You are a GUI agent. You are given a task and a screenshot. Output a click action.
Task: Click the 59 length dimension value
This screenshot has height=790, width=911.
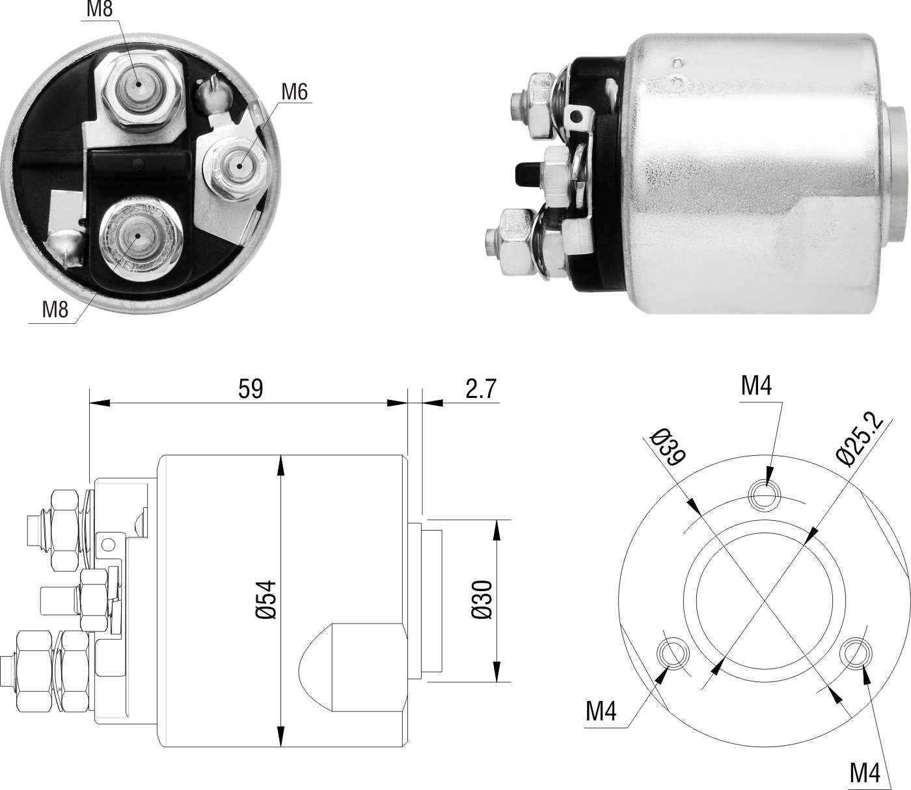(251, 389)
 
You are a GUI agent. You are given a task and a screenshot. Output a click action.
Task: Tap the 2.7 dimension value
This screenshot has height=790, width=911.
(480, 389)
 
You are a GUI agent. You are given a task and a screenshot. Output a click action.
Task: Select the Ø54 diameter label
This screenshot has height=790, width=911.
(266, 600)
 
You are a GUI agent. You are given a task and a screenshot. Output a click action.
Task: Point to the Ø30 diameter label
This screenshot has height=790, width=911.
(482, 600)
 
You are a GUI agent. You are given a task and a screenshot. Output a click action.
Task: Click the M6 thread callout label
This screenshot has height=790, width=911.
(295, 92)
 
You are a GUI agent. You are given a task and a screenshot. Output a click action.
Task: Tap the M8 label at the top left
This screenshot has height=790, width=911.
(100, 9)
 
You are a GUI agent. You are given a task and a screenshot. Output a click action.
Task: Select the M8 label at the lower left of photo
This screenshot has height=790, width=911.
(55, 309)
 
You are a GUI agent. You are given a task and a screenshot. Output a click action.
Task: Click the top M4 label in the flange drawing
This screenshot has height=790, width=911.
(756, 386)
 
